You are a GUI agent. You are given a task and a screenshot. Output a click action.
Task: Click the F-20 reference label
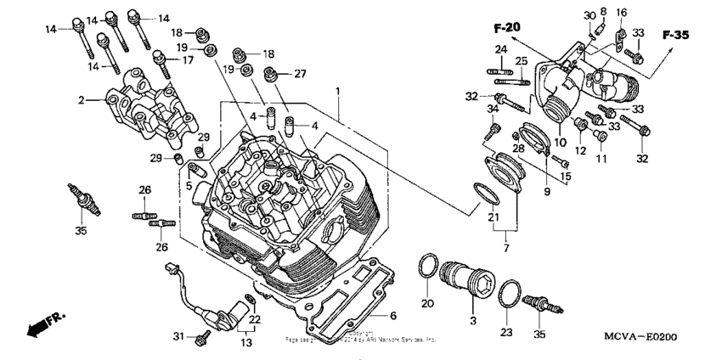[x=507, y=29]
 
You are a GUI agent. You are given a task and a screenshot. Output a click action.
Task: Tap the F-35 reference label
[x=675, y=35]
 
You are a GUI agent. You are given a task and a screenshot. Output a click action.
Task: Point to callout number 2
[x=82, y=100]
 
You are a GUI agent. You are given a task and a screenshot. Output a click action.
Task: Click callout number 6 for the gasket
[x=392, y=315]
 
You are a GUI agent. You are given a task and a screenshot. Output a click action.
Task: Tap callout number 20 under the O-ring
[x=427, y=304]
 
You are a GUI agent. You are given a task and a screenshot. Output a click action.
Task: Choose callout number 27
[x=299, y=74]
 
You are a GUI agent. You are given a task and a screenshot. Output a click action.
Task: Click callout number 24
[x=501, y=48]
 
